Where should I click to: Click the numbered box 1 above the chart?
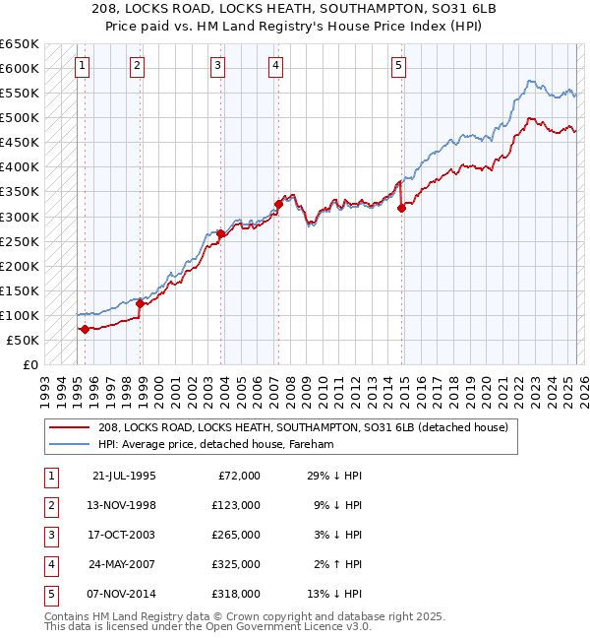point(81,66)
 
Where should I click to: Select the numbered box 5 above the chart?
point(398,66)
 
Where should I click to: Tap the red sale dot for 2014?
point(401,207)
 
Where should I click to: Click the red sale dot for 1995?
point(85,329)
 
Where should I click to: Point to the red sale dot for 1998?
point(141,303)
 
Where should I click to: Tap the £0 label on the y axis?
point(31,364)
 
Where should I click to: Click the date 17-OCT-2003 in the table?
point(124,534)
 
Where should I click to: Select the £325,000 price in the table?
point(237,564)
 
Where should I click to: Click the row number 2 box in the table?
point(49,504)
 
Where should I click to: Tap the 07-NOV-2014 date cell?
point(124,594)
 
